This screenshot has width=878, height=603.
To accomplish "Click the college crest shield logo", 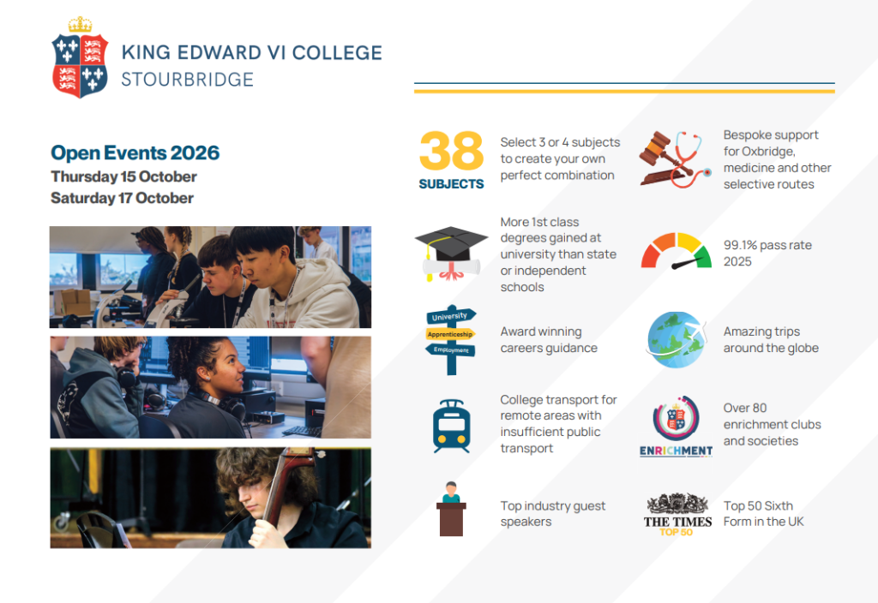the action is point(80,66).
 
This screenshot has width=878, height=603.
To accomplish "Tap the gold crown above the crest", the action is point(80,24).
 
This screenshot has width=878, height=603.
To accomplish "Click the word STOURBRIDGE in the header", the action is point(188,80).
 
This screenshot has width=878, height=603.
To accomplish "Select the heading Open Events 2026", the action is point(135,152).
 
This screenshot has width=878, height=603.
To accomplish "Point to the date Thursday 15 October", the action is point(123,176).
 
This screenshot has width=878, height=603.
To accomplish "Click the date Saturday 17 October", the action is point(122,198).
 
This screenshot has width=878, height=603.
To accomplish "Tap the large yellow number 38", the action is point(451,151).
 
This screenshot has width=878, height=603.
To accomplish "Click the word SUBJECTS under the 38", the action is point(451,184).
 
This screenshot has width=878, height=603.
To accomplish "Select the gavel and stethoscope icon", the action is point(676,159).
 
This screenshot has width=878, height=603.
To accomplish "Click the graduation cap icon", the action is point(451,253).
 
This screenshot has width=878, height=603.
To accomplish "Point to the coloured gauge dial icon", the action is point(677,251).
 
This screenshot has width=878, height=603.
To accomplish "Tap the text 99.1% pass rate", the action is point(767,245).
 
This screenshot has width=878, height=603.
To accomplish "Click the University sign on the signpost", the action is point(451,316).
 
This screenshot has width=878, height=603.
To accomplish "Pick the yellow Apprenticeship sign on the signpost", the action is point(450,335).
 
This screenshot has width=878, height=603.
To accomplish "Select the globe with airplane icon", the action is point(677,339).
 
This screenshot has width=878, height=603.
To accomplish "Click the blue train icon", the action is point(451,427).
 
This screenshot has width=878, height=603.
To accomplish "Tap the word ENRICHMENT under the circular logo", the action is point(677,451).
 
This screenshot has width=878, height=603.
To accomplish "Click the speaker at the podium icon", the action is point(451,509).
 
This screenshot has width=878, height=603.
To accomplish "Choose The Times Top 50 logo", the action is point(677,515).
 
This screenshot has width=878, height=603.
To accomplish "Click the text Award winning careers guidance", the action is point(549,339).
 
